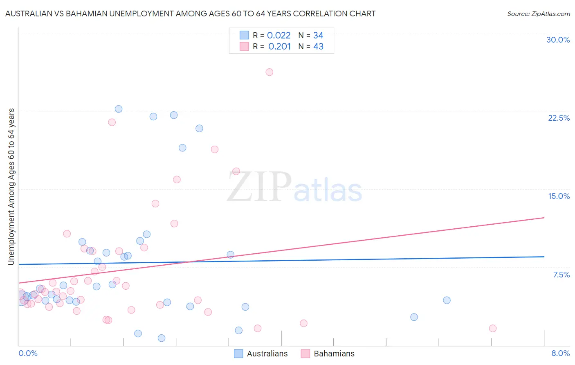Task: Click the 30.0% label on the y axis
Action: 558,40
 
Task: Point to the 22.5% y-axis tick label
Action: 559,118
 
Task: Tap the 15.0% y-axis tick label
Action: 559,196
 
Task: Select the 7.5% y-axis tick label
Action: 561,275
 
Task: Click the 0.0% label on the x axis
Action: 28,353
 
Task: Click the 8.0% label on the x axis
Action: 560,353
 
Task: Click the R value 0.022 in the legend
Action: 279,36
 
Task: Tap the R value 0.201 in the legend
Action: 279,47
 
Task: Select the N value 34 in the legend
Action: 318,36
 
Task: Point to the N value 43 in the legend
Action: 318,47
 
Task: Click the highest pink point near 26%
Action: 269,72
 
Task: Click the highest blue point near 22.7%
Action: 119,109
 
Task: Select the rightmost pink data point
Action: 493,328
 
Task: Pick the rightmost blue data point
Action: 447,300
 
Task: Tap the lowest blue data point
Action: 162,338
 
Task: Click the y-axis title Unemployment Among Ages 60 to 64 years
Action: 11,187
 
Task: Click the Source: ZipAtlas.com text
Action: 538,14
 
